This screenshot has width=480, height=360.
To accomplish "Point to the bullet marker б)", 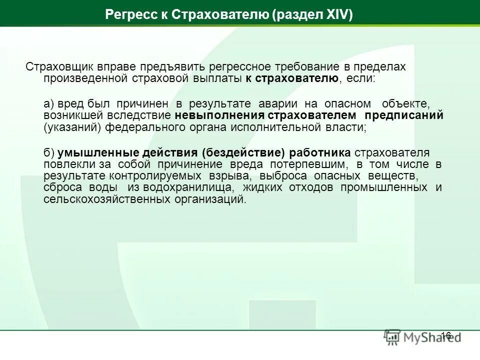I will [x=49, y=152].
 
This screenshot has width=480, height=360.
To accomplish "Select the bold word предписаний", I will [x=404, y=115].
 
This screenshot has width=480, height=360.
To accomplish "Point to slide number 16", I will [x=446, y=335].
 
